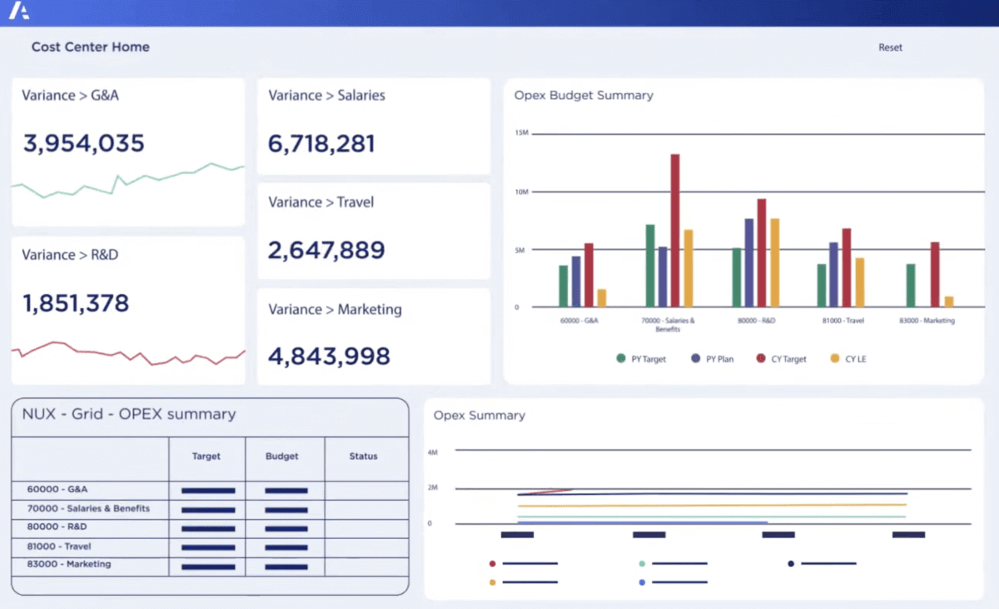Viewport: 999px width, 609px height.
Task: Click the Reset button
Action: pyautogui.click(x=890, y=47)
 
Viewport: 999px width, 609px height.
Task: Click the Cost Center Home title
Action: pyautogui.click(x=91, y=47)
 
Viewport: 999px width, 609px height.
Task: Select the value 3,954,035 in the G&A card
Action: pyautogui.click(x=83, y=143)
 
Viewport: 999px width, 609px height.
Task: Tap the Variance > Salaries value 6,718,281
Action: pyautogui.click(x=321, y=143)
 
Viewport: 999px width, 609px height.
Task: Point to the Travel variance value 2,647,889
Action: pyautogui.click(x=326, y=250)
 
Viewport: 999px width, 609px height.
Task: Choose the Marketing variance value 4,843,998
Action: pyautogui.click(x=329, y=356)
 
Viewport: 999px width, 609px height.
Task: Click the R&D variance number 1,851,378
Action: pyautogui.click(x=76, y=303)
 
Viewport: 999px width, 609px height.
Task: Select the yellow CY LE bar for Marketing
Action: pyautogui.click(x=949, y=302)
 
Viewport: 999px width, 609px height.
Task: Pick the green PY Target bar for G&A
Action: pyautogui.click(x=564, y=286)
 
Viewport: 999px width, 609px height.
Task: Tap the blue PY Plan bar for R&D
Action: pyautogui.click(x=749, y=262)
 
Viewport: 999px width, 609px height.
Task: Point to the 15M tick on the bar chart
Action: pyautogui.click(x=522, y=133)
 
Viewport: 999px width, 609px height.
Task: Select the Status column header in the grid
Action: pyautogui.click(x=363, y=457)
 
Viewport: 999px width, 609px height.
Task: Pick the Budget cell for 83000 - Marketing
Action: pyautogui.click(x=286, y=566)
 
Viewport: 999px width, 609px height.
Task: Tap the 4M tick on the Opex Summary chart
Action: pyautogui.click(x=433, y=452)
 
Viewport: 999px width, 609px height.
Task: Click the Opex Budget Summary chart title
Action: pyautogui.click(x=584, y=96)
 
